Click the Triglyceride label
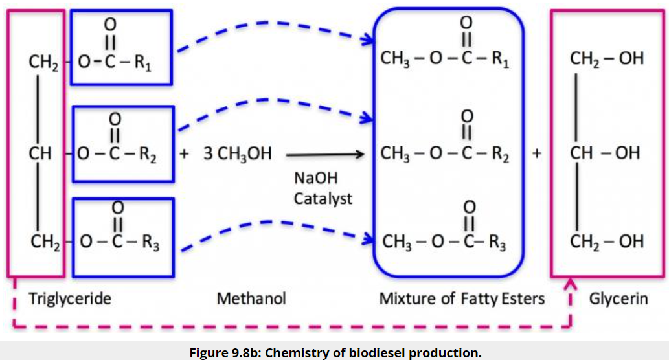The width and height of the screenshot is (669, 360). [x=69, y=298]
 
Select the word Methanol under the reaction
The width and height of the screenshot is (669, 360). [x=251, y=298]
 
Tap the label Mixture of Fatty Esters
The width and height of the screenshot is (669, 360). [x=462, y=298]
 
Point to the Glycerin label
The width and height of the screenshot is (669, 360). [x=618, y=298]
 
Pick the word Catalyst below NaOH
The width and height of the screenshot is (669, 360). [x=323, y=198]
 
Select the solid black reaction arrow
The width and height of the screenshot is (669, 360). [x=324, y=155]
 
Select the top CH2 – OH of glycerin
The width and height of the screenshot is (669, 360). [x=607, y=58]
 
